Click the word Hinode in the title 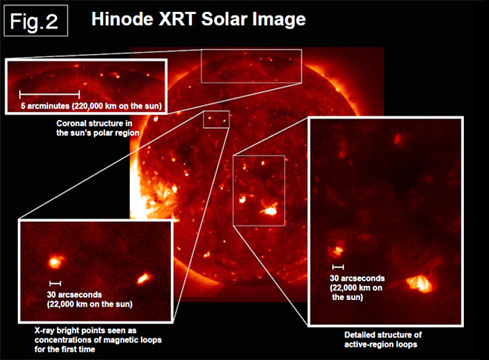[122, 19]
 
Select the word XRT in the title [178, 19]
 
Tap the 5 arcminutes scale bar [50, 94]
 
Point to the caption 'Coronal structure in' [94, 124]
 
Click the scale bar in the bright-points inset [56, 283]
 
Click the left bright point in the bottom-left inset [56, 261]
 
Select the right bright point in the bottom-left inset [144, 278]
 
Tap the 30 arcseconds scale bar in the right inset [338, 267]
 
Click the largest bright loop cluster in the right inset [420, 283]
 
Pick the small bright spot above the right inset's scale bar [338, 250]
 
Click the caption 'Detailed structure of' [383, 335]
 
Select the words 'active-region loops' [381, 344]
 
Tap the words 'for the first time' [65, 350]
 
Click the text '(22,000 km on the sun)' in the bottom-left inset [90, 304]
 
